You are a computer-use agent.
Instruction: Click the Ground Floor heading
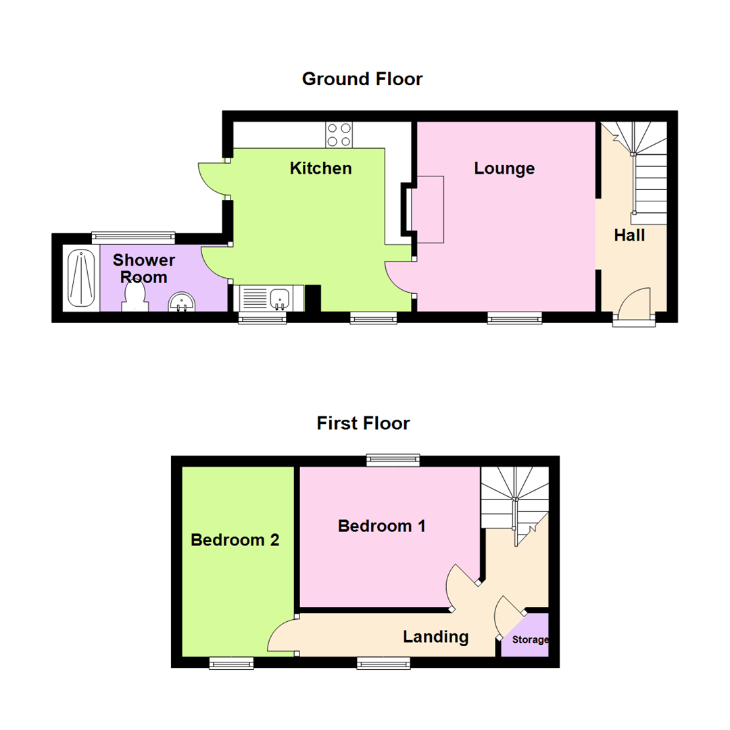(362, 79)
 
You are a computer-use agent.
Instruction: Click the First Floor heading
(363, 424)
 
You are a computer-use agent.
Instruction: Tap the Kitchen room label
(320, 168)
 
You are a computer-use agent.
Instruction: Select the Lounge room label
(504, 168)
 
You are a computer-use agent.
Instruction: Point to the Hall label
(629, 236)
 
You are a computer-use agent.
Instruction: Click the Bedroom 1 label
(382, 526)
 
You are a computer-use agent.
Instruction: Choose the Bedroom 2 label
(235, 540)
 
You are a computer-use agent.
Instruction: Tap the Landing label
(435, 636)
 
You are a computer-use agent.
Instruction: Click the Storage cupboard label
(531, 639)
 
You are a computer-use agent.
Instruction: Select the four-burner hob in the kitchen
(339, 134)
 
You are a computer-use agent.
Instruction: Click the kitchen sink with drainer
(264, 298)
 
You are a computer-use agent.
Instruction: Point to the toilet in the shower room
(135, 295)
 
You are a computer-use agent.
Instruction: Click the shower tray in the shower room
(81, 278)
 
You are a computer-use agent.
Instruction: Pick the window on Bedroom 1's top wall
(393, 460)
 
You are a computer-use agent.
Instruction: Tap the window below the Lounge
(515, 317)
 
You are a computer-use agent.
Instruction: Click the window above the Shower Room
(133, 237)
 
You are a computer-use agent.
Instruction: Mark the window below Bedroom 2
(231, 663)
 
